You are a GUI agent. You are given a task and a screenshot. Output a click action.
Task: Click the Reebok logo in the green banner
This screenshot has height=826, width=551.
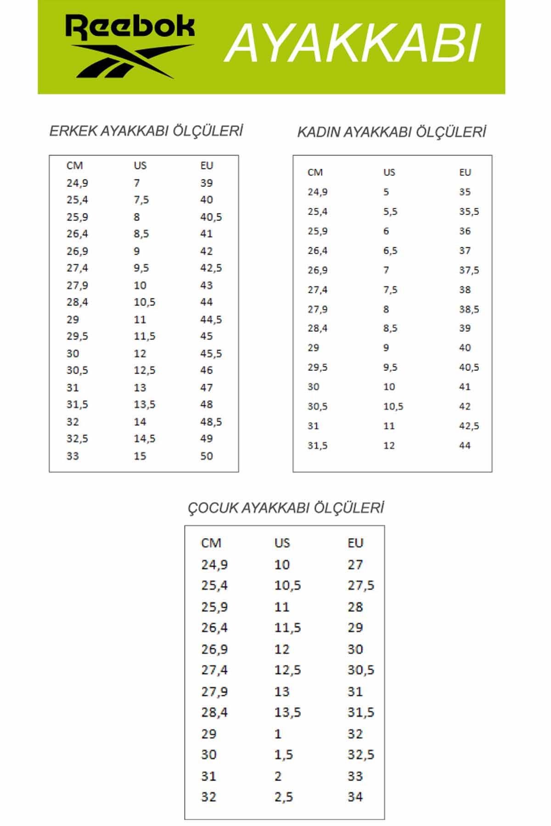[130, 47]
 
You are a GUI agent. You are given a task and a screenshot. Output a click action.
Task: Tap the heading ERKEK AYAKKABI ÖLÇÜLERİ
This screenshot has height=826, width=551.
[146, 131]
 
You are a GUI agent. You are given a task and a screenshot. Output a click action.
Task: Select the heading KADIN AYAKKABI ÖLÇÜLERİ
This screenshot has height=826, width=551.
[391, 132]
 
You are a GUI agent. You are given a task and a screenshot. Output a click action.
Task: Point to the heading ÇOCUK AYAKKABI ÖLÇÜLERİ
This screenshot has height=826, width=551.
[285, 508]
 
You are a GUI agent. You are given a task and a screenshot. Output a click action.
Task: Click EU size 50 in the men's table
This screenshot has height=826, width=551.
[207, 456]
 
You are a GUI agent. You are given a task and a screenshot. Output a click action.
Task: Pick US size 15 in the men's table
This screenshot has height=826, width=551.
[140, 456]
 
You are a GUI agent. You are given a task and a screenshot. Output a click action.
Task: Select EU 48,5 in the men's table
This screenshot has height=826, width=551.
[211, 422]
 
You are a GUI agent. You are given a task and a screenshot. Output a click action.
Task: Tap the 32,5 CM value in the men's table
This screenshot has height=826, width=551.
[77, 439]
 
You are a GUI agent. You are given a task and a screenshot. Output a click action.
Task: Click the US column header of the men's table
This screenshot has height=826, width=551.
[140, 165]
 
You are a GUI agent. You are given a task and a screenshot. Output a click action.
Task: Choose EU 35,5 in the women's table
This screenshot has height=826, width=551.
[469, 212]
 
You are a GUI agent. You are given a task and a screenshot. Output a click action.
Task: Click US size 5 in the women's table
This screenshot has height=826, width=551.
[386, 192]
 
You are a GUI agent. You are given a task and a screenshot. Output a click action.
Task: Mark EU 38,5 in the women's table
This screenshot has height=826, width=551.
[469, 309]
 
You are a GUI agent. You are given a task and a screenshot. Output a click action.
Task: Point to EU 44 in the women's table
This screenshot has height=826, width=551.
[465, 445]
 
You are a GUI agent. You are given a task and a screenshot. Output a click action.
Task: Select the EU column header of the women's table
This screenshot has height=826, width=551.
[465, 172]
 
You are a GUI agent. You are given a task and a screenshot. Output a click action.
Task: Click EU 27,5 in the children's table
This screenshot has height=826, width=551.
[360, 586]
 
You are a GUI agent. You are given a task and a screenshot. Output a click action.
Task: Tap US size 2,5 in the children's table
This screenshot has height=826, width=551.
[283, 797]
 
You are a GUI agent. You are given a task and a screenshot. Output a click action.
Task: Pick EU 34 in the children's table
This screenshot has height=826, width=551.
[355, 797]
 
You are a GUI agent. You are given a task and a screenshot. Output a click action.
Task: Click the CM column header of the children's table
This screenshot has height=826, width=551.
[211, 543]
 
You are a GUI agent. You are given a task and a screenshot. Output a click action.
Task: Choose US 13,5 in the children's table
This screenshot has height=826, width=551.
[287, 713]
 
